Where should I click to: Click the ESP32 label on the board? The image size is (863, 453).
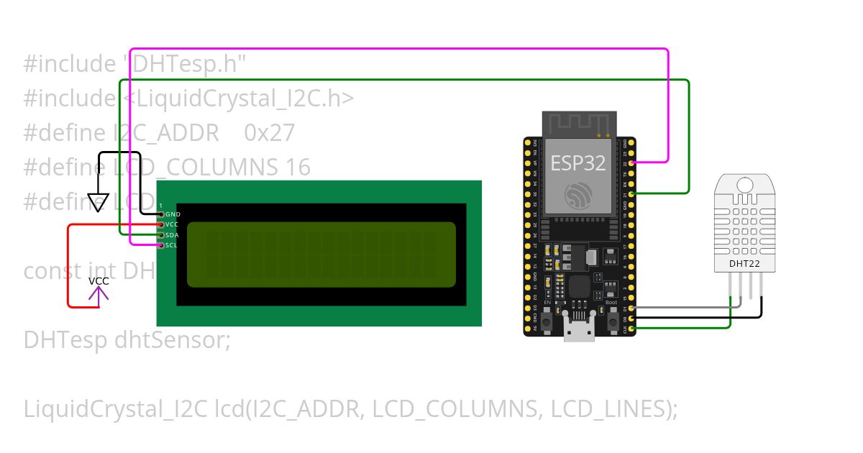coord(579,163)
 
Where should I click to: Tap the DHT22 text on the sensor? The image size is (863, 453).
coord(744,264)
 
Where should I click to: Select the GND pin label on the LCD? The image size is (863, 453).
coord(173,214)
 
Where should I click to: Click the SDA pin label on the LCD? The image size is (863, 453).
coord(173,235)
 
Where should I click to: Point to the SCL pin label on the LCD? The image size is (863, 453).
coord(172,245)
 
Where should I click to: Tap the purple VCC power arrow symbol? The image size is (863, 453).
coord(99,293)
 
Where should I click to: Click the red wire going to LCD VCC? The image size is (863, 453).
coord(69,266)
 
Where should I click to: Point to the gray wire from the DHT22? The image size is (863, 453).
coord(683,308)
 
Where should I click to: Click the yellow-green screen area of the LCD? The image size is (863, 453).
coord(321,255)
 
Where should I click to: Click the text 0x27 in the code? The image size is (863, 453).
coord(270,133)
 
